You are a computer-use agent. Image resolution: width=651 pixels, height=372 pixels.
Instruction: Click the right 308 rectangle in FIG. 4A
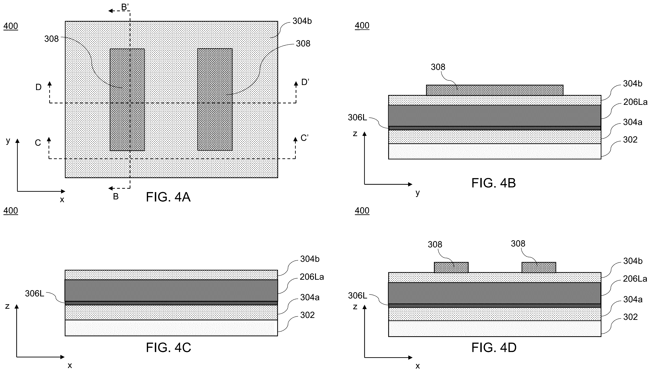click(x=215, y=99)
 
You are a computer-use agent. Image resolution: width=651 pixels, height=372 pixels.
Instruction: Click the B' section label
click(x=125, y=7)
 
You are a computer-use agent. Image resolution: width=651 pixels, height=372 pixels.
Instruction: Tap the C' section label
click(x=304, y=138)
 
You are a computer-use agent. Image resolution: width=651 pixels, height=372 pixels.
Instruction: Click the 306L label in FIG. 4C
click(x=34, y=294)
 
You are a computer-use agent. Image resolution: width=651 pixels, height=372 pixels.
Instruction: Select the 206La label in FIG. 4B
click(x=635, y=102)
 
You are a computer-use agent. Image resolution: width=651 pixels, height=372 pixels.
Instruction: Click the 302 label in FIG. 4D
click(x=630, y=317)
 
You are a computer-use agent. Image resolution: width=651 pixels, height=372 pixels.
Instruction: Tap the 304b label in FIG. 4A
click(x=302, y=21)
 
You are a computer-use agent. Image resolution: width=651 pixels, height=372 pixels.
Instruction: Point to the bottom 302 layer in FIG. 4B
click(x=495, y=151)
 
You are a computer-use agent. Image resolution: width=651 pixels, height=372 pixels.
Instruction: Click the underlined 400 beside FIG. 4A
click(x=11, y=26)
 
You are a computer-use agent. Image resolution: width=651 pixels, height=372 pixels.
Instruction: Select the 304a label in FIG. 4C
click(x=310, y=297)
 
